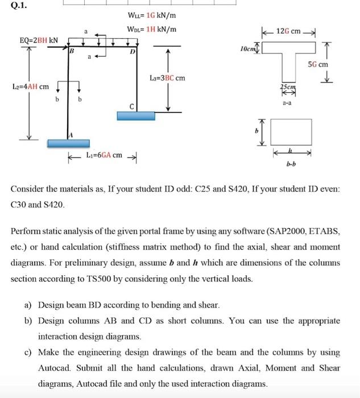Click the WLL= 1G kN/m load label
[147, 17]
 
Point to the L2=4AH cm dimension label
[30, 86]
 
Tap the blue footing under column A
[69, 142]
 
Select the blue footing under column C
[136, 115]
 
